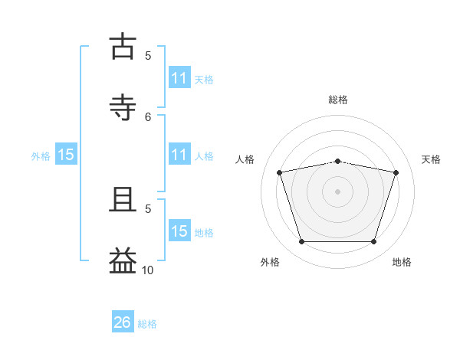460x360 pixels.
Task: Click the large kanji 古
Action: tap(123, 46)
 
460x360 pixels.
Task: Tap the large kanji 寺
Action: tap(123, 107)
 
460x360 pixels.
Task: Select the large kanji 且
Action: tap(123, 199)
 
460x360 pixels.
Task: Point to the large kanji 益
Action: tap(123, 260)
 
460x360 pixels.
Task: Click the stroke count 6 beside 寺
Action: tap(148, 117)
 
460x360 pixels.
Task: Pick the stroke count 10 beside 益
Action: tap(147, 270)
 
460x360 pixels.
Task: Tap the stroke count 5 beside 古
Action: tap(148, 56)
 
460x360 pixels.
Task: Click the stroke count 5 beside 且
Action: tap(148, 209)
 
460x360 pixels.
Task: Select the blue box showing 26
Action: tap(123, 321)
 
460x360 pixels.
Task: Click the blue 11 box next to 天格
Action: tap(180, 77)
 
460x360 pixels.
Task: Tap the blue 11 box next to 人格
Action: tap(180, 154)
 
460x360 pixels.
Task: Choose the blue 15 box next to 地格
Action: tap(180, 230)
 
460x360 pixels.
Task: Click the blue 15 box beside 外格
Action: tap(66, 154)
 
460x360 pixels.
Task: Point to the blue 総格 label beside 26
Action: tap(147, 324)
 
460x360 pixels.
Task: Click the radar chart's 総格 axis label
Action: tap(338, 100)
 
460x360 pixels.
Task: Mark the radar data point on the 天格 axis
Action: tap(396, 172)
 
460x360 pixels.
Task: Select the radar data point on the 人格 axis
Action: tap(280, 172)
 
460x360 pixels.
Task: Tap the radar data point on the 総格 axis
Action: tap(337, 162)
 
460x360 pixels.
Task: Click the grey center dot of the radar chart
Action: tap(337, 191)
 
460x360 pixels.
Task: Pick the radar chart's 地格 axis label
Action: tap(402, 262)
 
